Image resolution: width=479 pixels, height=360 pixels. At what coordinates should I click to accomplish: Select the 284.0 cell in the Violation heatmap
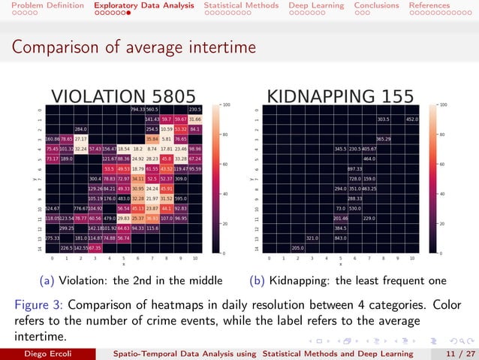(80, 129)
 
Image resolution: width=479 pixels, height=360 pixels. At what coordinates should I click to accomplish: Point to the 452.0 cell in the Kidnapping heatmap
(412, 119)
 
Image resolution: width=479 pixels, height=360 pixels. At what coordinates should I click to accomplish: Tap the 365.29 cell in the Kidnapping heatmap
(384, 139)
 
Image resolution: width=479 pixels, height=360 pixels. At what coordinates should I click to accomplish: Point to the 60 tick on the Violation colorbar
(223, 164)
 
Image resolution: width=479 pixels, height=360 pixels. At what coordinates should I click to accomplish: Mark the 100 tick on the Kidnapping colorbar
(444, 104)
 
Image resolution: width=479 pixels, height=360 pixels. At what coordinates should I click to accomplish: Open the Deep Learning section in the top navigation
(313, 5)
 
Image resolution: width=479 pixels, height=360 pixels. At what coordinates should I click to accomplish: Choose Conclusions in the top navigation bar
(376, 5)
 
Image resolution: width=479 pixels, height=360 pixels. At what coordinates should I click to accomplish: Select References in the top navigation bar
(429, 5)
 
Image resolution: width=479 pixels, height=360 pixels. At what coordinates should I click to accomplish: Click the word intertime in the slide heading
(222, 48)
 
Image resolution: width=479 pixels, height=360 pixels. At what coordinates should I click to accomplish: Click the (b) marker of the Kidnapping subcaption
(257, 280)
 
